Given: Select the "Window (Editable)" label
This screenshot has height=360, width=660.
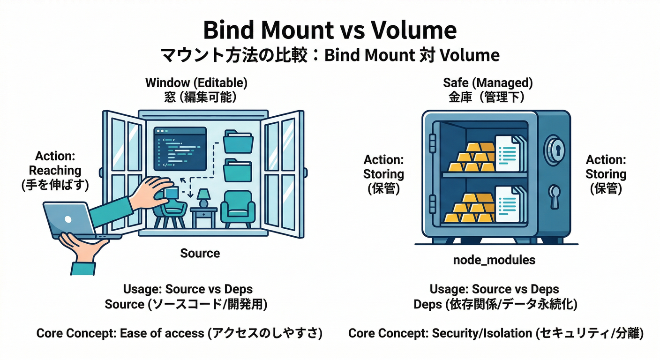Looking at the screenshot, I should click(196, 83).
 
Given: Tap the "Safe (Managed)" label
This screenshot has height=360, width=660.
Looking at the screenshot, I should click(487, 83).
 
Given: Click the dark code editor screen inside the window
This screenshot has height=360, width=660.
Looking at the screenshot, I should click(180, 148).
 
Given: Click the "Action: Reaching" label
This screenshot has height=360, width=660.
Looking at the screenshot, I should click(55, 163).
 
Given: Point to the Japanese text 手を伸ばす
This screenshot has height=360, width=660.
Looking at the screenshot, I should click(55, 186).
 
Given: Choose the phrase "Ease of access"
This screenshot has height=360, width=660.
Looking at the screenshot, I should click(162, 334).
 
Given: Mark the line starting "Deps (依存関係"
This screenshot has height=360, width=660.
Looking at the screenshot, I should click(495, 305).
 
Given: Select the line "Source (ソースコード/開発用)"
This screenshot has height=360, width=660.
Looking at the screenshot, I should click(186, 305).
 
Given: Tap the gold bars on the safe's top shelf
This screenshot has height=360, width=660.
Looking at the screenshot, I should click(473, 157).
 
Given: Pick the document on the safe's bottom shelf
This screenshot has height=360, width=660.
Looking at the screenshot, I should click(509, 205).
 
